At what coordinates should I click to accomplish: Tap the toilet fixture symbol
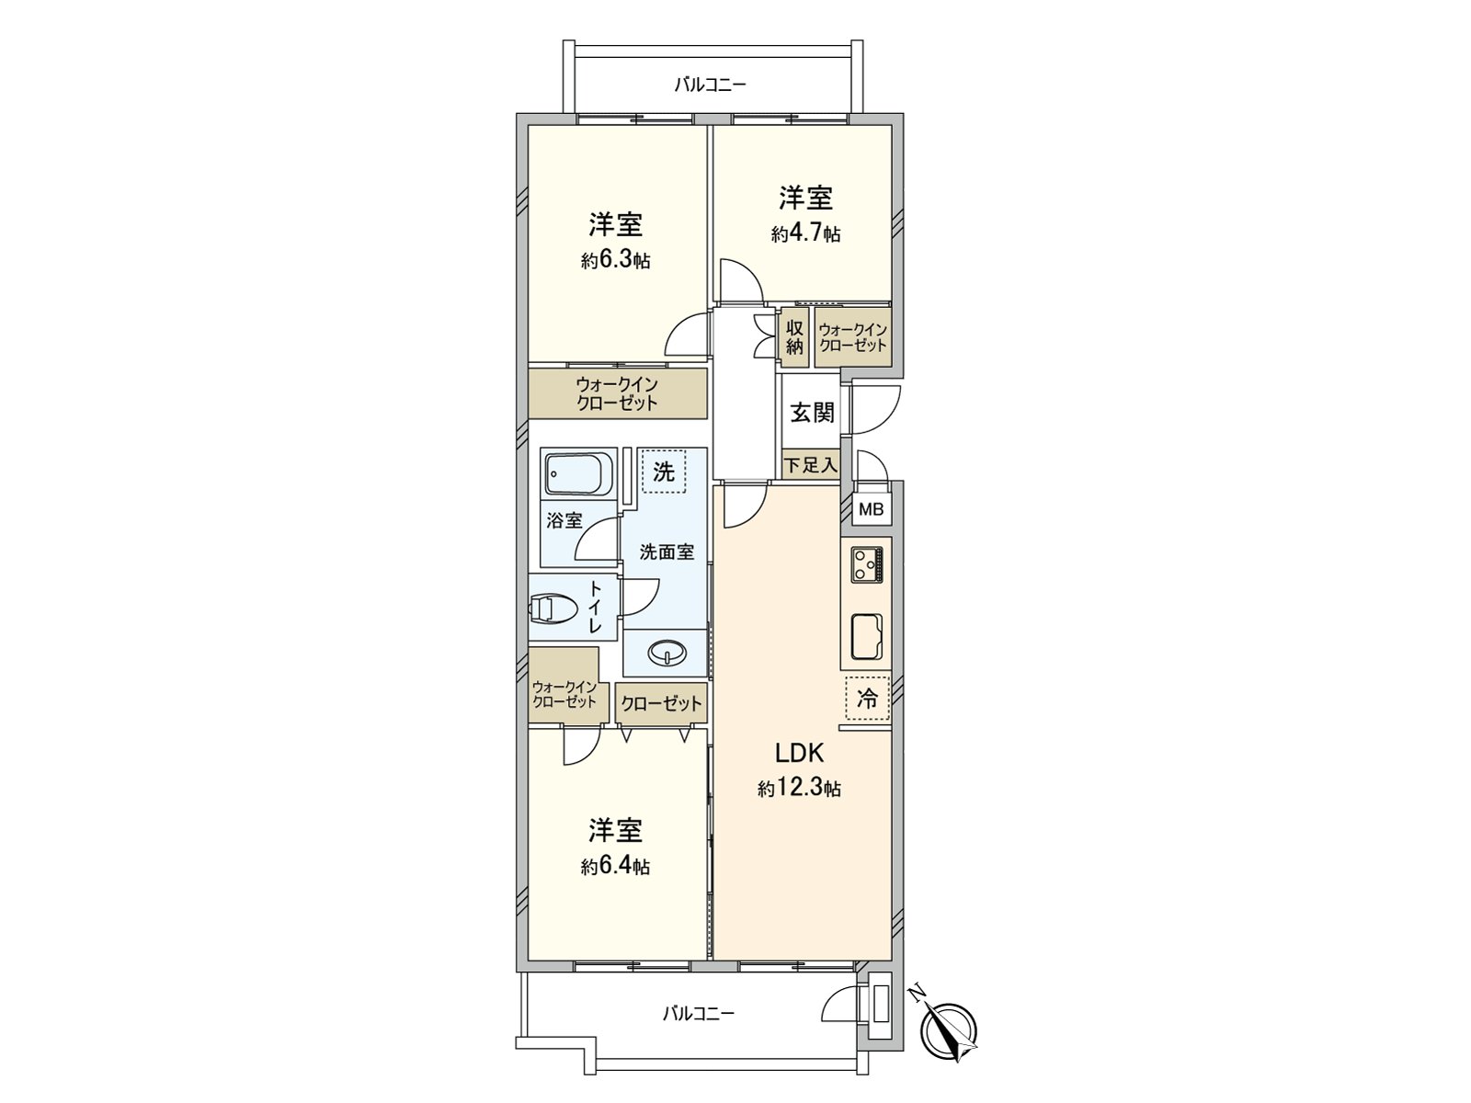click(553, 608)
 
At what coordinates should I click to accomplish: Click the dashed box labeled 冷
click(867, 698)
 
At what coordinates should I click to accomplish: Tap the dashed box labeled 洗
click(664, 472)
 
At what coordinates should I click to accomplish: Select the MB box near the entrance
click(870, 508)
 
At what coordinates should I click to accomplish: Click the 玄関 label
click(812, 413)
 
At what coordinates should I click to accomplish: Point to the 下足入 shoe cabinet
click(811, 464)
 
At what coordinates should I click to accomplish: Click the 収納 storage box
click(794, 337)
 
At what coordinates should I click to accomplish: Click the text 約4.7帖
click(805, 233)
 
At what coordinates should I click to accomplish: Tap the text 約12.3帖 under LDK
click(799, 788)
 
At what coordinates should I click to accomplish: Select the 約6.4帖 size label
click(615, 866)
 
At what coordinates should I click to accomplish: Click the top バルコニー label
click(710, 85)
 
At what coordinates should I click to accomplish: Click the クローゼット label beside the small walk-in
click(661, 704)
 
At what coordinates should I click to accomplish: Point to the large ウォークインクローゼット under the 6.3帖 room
click(617, 393)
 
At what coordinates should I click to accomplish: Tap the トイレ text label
click(595, 607)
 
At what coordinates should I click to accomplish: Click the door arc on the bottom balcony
click(836, 1003)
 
